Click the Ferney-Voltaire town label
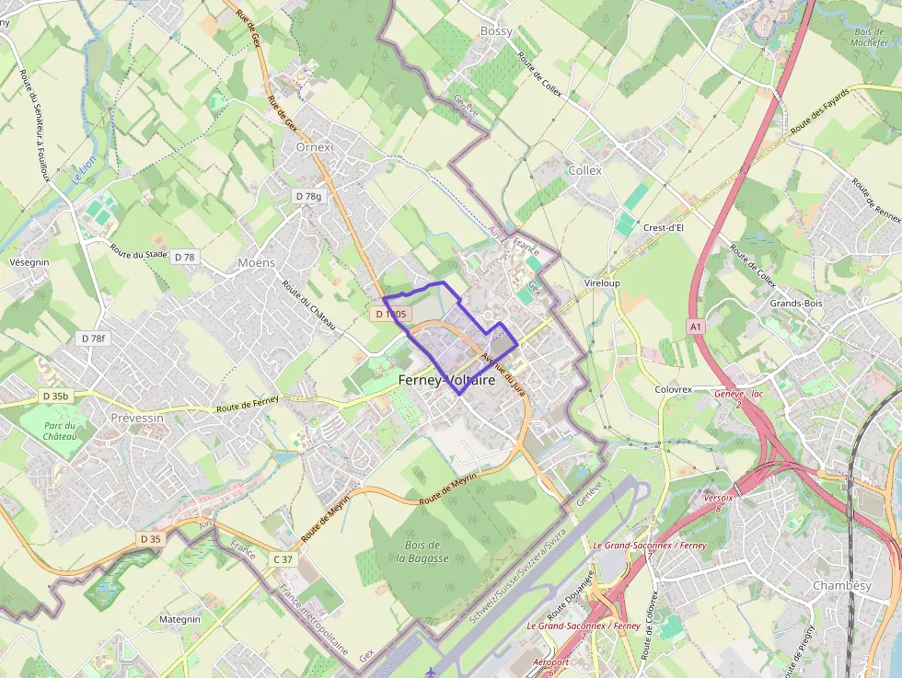(x=446, y=380)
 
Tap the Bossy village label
(x=496, y=31)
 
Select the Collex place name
(x=584, y=170)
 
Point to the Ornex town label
(x=313, y=147)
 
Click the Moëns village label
(x=256, y=263)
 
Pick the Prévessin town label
(x=136, y=417)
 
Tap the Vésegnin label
(x=29, y=262)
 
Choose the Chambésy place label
(x=841, y=586)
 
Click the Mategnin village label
(x=179, y=620)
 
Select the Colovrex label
(x=673, y=389)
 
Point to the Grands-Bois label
(x=796, y=303)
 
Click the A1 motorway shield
(x=695, y=327)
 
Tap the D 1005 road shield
(x=390, y=315)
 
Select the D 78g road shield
(x=308, y=196)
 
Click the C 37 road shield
(x=283, y=559)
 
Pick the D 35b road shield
(x=56, y=396)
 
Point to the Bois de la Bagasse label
(x=426, y=551)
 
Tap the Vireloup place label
(x=602, y=283)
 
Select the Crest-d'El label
(x=663, y=228)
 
